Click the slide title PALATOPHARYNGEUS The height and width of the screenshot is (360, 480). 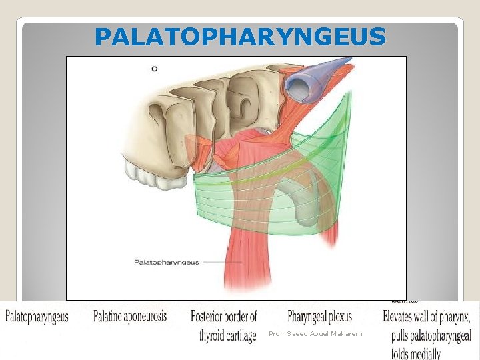click(x=240, y=37)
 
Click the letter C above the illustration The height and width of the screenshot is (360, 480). click(x=155, y=68)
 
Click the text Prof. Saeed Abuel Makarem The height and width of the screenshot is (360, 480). click(x=315, y=333)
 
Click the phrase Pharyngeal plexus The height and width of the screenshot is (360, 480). click(x=319, y=315)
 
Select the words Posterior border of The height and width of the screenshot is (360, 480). click(x=223, y=315)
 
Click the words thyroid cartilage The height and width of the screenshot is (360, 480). click(x=227, y=335)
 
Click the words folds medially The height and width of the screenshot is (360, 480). click(x=416, y=353)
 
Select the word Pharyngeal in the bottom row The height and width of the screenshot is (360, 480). click(x=309, y=315)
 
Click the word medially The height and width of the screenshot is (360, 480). click(x=426, y=353)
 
